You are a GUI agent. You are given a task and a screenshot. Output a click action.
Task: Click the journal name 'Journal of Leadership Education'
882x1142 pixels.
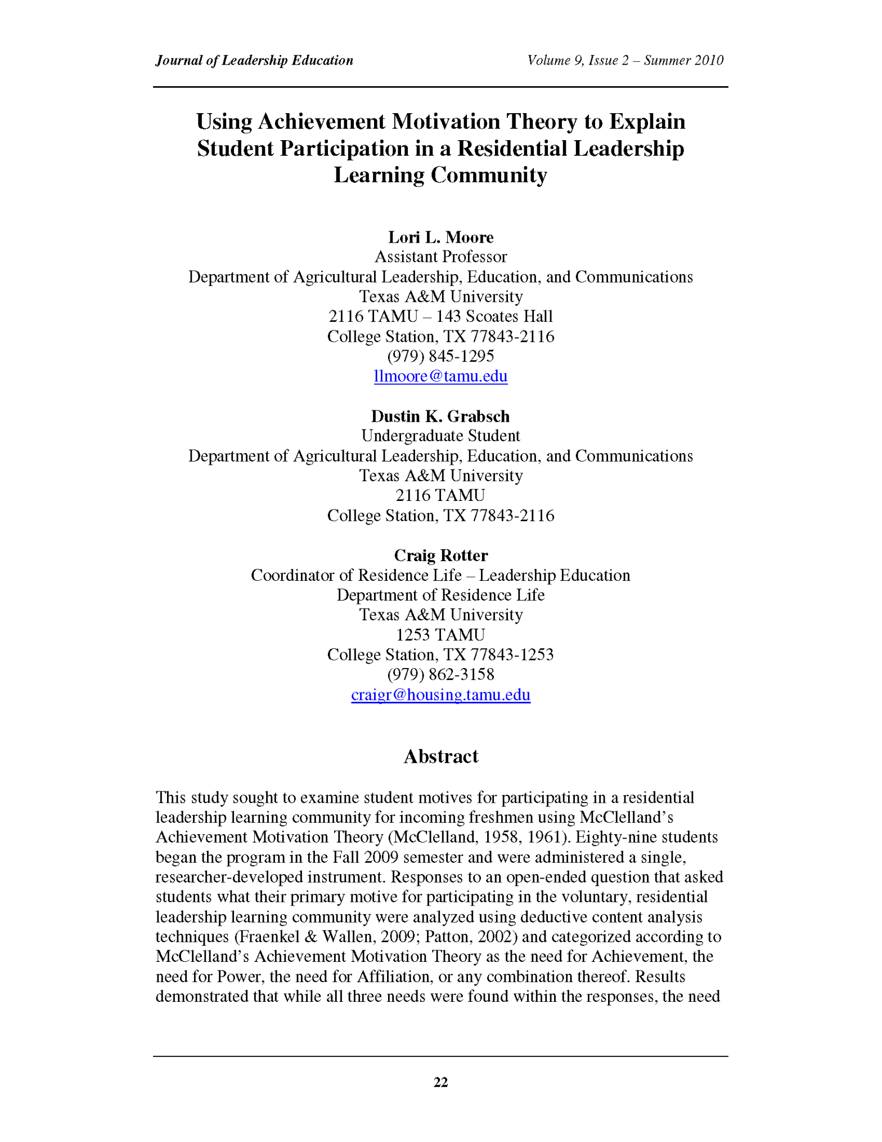coord(254,60)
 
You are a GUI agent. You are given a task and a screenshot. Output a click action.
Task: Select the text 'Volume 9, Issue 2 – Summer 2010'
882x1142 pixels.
coord(625,60)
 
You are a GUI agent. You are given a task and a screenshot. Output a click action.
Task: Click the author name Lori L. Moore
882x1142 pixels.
coord(440,237)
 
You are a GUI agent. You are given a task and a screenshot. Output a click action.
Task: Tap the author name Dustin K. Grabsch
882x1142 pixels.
coord(440,416)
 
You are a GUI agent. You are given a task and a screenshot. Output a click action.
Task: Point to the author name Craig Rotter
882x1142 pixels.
coord(440,555)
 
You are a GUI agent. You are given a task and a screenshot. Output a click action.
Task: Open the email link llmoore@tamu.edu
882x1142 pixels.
coord(440,376)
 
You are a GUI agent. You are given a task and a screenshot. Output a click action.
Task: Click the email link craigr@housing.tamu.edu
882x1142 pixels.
coord(440,695)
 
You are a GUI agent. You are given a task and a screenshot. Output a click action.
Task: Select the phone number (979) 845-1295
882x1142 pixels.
coord(440,356)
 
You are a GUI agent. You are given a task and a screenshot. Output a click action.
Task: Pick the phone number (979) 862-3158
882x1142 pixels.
coord(440,674)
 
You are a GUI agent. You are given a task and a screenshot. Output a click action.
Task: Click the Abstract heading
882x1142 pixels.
coord(440,756)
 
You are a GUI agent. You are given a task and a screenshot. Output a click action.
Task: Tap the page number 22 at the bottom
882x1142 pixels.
coord(440,1082)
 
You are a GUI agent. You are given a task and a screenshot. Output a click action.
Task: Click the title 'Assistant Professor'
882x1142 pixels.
coord(440,257)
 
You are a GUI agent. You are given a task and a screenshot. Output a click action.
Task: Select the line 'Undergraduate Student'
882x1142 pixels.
coord(440,436)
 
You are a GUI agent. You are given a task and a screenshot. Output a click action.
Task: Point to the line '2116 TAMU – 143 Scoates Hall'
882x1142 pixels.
coord(440,316)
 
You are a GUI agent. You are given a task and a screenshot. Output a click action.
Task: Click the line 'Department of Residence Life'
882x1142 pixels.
coord(440,595)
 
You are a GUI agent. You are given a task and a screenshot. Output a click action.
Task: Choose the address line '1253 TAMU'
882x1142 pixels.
coord(440,635)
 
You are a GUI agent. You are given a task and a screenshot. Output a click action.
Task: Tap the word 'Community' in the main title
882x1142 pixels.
coord(489,175)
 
